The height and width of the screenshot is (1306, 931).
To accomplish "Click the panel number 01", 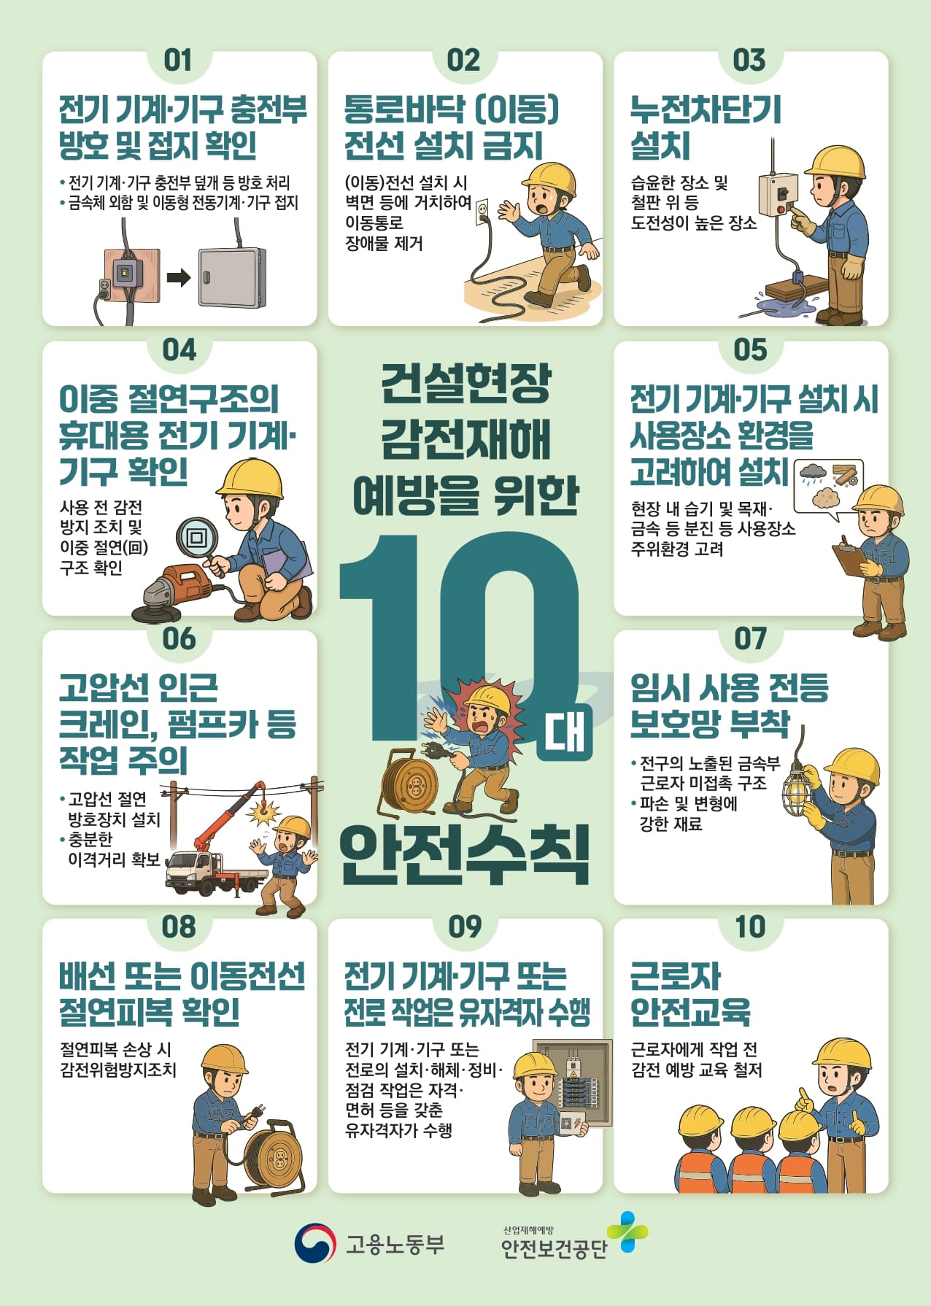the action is pos(178,60).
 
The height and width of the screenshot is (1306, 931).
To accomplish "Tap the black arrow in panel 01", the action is pos(179,277).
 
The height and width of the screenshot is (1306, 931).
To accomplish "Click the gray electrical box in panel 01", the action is pos(232,277).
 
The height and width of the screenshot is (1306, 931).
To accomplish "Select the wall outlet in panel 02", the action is pos(482,213).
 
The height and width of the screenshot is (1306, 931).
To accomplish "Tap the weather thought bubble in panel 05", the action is pos(828,486).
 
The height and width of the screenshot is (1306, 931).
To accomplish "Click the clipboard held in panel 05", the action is pos(850,558).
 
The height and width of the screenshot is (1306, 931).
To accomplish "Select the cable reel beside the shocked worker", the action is pos(409,782).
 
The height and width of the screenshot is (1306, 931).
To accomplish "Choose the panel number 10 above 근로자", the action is pos(750,927).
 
